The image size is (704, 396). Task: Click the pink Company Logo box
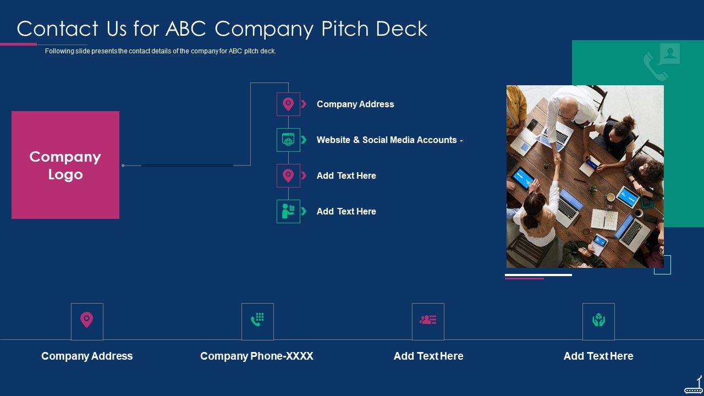pyautogui.click(x=65, y=165)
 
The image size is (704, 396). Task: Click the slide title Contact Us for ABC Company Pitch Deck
pyautogui.click(x=222, y=29)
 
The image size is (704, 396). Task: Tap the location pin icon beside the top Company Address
pyautogui.click(x=288, y=104)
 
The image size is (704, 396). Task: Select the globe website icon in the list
pyautogui.click(x=288, y=140)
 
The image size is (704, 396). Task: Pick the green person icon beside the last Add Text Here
pyautogui.click(x=288, y=211)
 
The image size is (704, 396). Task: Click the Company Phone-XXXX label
pyautogui.click(x=257, y=356)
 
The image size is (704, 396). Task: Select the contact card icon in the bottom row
pyautogui.click(x=428, y=320)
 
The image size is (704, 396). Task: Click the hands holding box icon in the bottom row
pyautogui.click(x=598, y=320)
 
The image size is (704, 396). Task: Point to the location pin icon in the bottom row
pyautogui.click(x=87, y=320)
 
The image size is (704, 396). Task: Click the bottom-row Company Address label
pyautogui.click(x=87, y=356)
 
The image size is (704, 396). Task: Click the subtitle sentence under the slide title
pyautogui.click(x=161, y=51)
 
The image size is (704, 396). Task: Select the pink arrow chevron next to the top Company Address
pyautogui.click(x=304, y=104)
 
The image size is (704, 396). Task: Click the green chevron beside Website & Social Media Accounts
pyautogui.click(x=304, y=140)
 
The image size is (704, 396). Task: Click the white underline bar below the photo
pyautogui.click(x=538, y=274)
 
